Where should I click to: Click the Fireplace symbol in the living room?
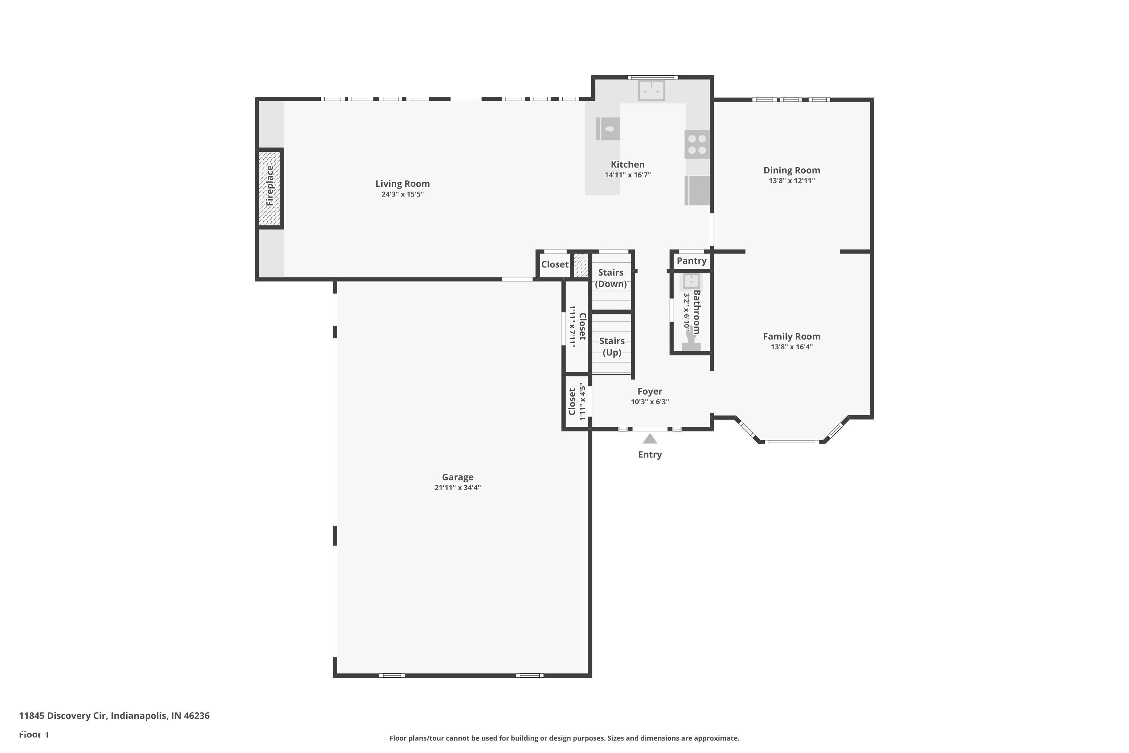point(269,188)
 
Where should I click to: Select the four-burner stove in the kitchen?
point(697,144)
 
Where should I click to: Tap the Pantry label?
point(691,261)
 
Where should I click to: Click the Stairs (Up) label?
point(612,346)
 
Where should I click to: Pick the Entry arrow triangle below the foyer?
point(650,439)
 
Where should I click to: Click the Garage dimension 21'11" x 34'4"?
point(458,488)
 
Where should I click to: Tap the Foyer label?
point(650,392)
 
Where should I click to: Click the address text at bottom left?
point(114,716)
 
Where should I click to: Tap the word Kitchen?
point(627,164)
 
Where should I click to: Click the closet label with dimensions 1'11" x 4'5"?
point(577,401)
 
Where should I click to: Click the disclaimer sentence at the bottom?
point(564,738)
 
